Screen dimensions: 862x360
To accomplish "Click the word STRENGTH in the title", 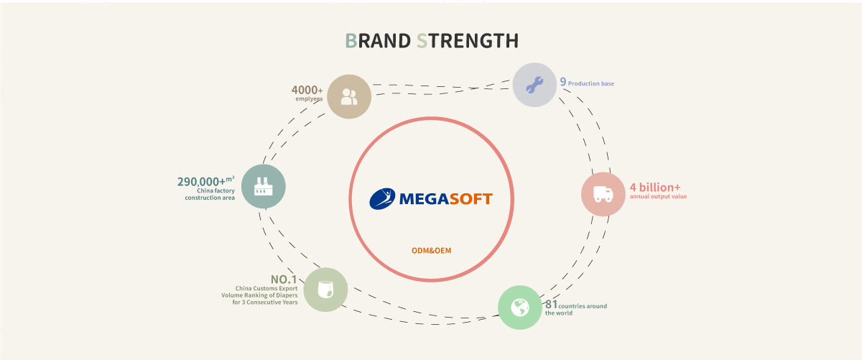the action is click(x=467, y=41).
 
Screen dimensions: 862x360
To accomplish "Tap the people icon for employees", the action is click(x=349, y=96).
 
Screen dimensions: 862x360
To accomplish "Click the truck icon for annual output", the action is click(x=603, y=194).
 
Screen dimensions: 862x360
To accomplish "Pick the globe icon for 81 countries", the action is click(x=520, y=308).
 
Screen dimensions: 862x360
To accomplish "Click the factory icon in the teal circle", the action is click(x=263, y=187).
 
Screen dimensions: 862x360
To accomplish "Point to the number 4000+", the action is click(x=306, y=90).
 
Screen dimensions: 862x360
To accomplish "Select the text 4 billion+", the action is click(x=654, y=187).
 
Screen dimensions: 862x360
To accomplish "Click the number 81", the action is click(x=552, y=304).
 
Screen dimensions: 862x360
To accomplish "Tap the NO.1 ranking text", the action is click(x=284, y=279).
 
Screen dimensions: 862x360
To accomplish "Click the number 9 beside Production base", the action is click(x=563, y=82).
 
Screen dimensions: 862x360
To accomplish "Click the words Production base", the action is click(x=591, y=84).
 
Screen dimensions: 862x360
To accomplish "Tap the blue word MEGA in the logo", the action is click(x=420, y=198).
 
